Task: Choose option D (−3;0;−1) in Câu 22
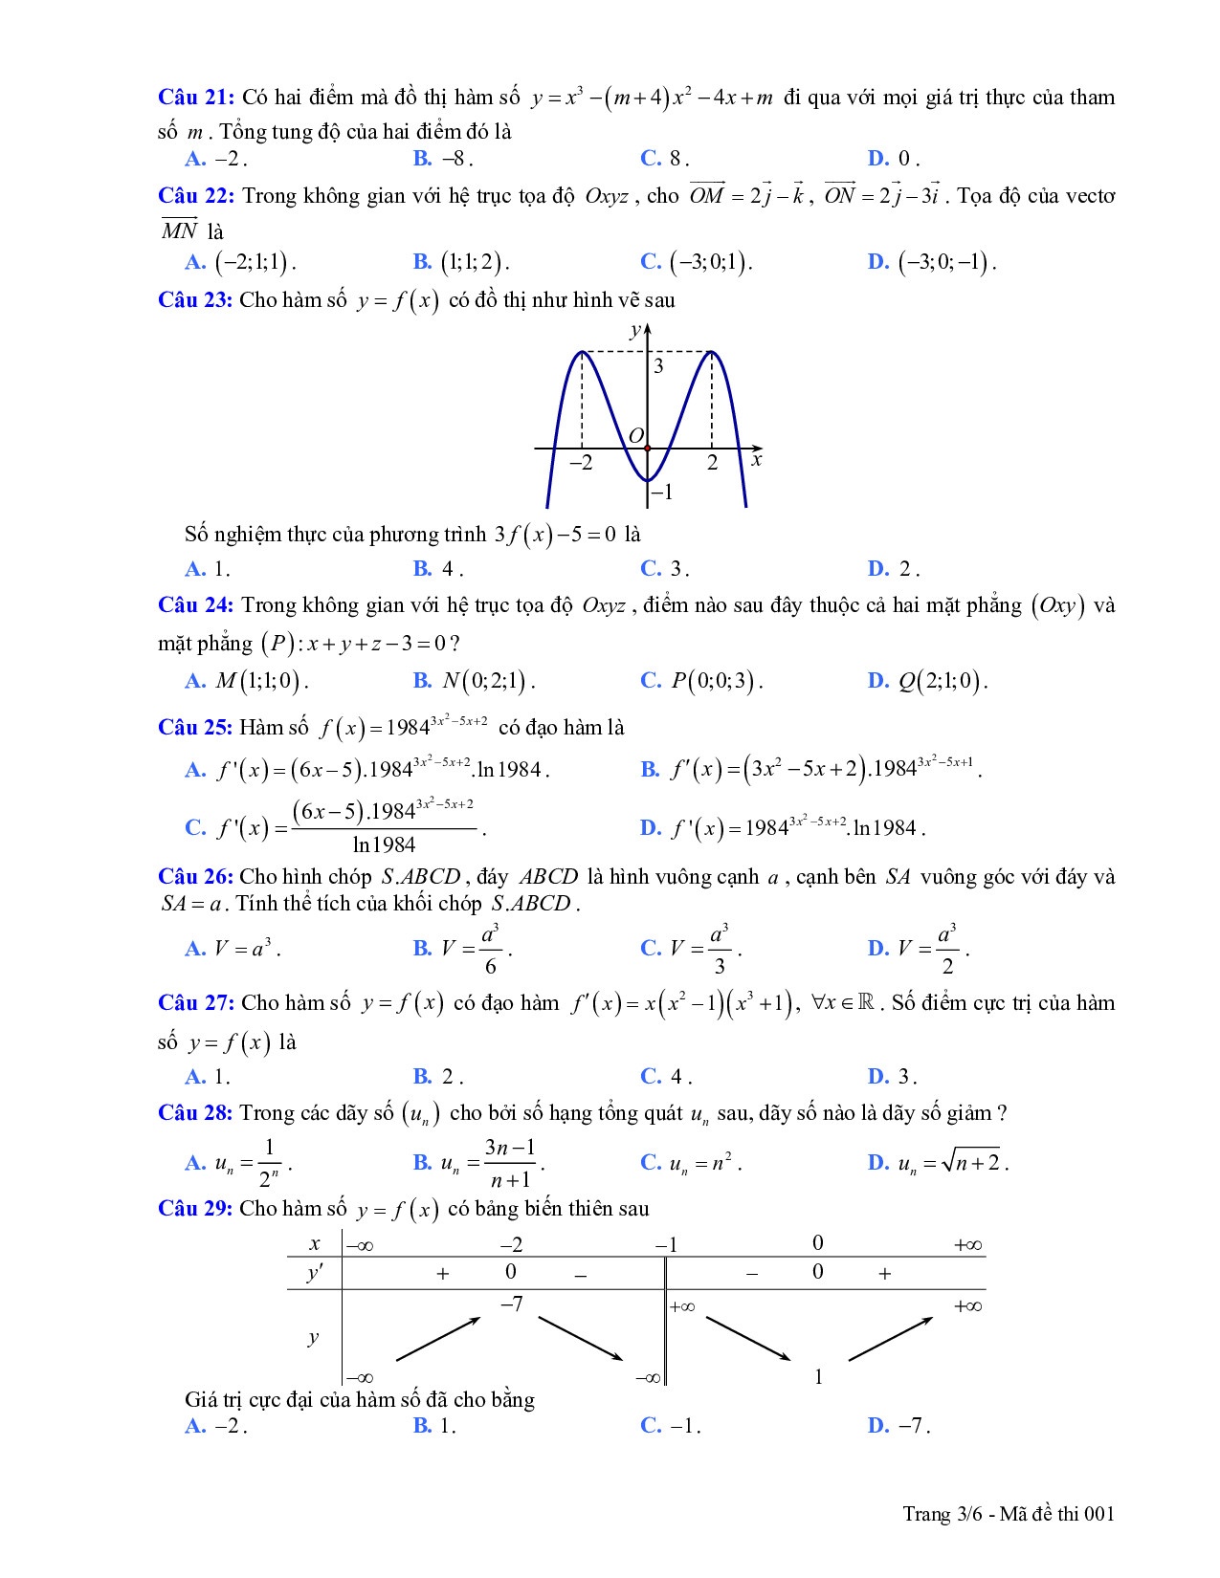(945, 262)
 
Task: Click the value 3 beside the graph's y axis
(658, 366)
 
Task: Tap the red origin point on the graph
(648, 448)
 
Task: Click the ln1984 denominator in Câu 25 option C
(384, 844)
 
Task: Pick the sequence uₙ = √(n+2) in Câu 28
(951, 1163)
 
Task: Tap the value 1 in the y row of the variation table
(818, 1377)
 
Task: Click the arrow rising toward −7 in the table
(437, 1339)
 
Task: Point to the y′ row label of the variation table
(314, 1273)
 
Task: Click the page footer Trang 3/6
(1009, 1513)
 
